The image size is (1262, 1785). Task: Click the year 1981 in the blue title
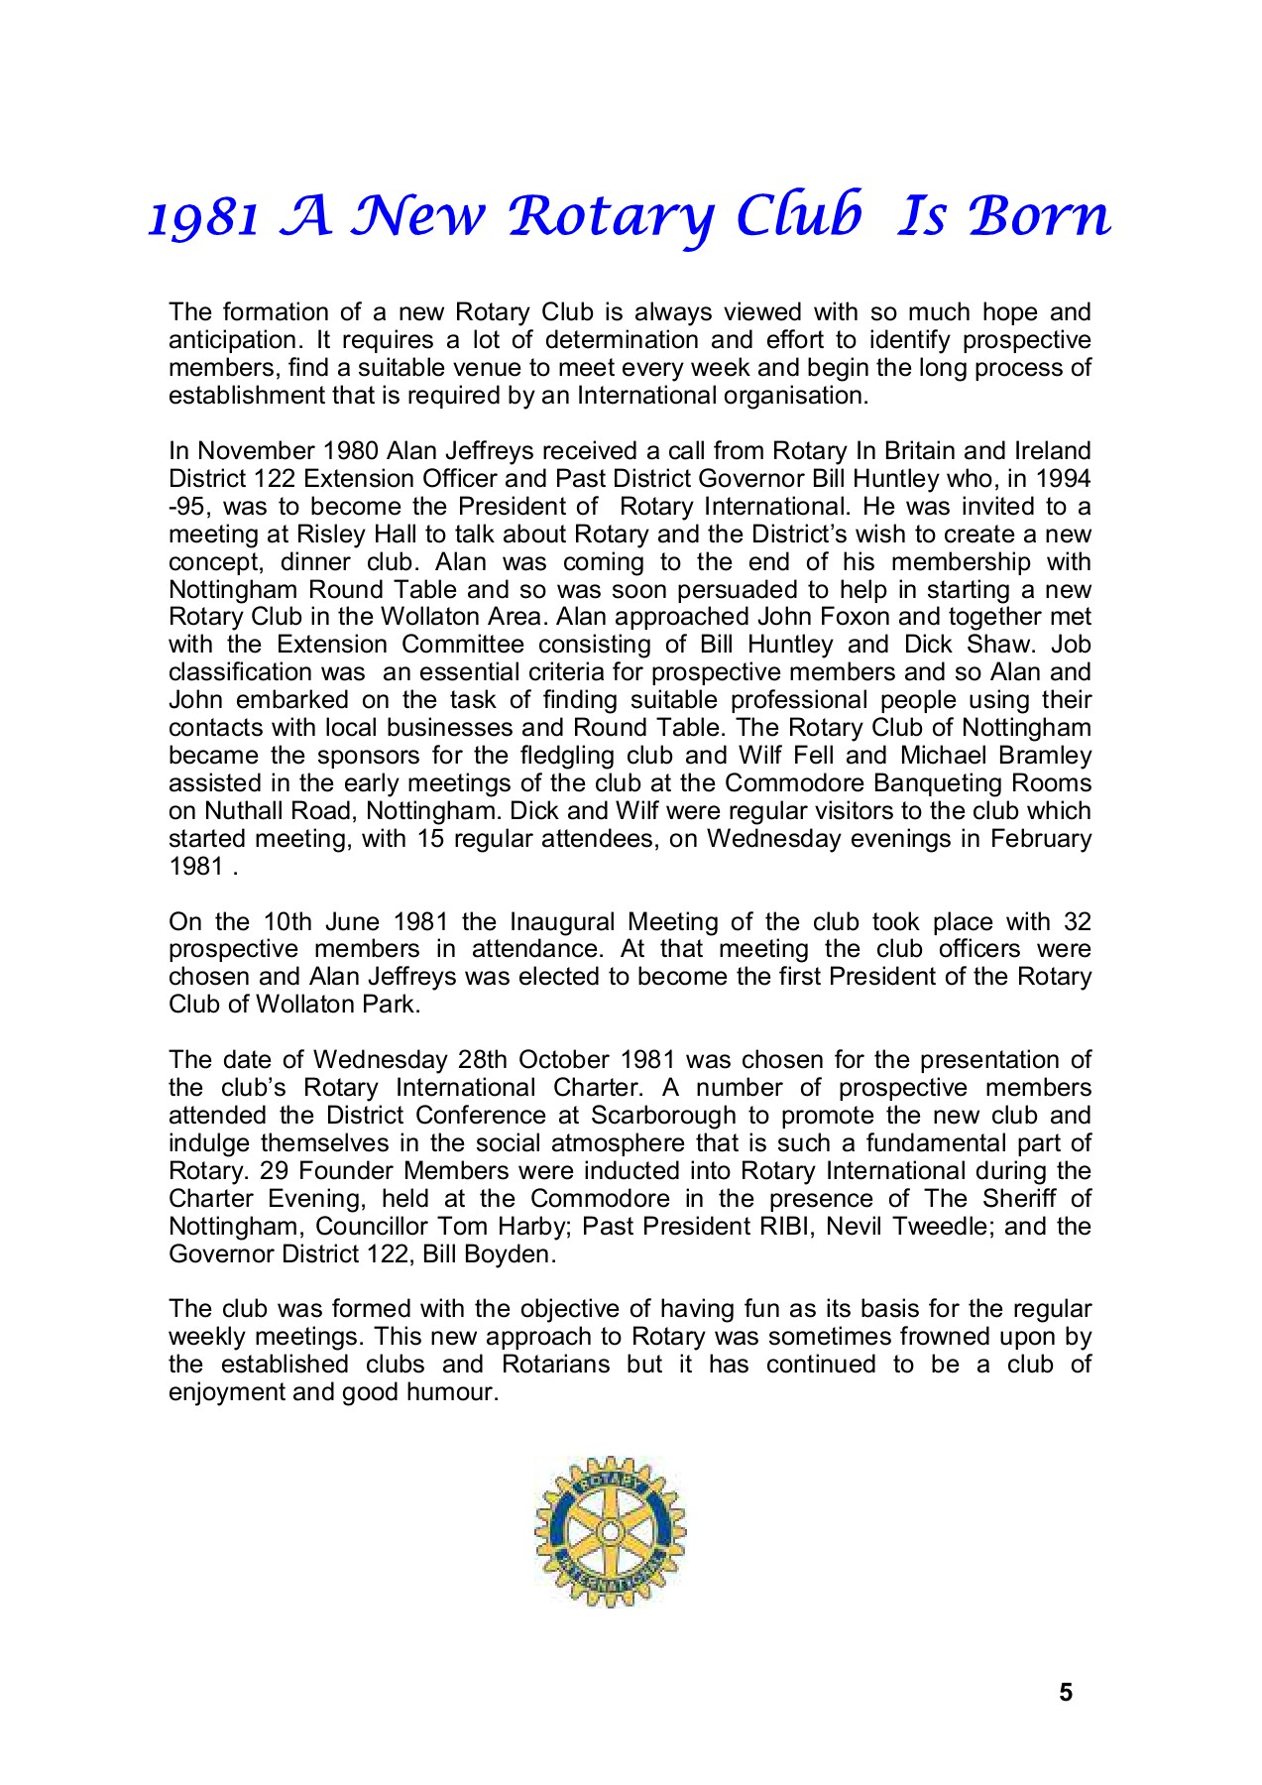(204, 217)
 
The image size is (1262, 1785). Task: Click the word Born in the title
(1040, 215)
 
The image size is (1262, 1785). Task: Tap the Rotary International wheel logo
(610, 1532)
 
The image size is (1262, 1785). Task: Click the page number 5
(1066, 1693)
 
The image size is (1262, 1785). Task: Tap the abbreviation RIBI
(786, 1227)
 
